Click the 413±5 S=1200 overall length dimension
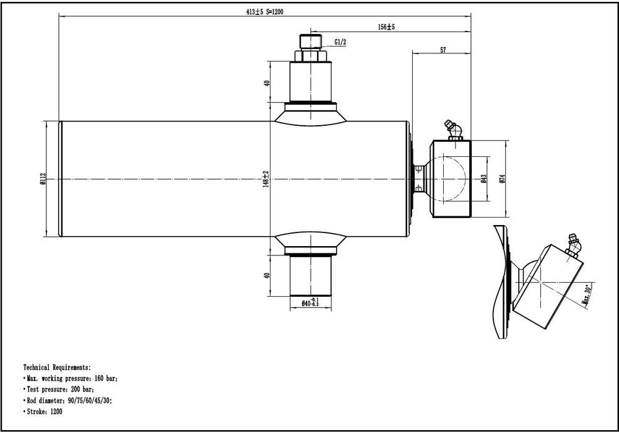264,12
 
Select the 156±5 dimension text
386,27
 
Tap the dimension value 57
443,50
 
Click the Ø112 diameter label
43,179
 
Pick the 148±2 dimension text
266,179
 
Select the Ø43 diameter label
484,179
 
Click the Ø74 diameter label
502,179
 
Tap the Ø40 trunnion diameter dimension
310,302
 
